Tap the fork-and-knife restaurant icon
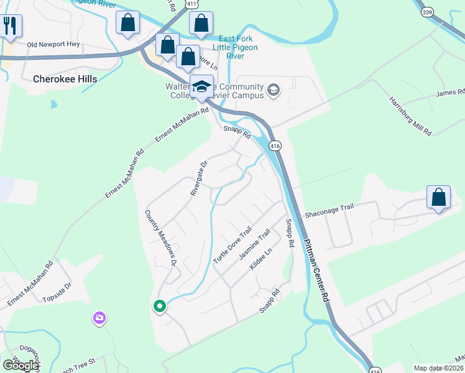10,26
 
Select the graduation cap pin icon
201,87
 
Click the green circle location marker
159,306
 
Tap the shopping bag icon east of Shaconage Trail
438,197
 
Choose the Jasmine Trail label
255,244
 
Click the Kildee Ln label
261,259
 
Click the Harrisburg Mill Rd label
410,116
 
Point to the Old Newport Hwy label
54,45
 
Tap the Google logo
21,366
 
